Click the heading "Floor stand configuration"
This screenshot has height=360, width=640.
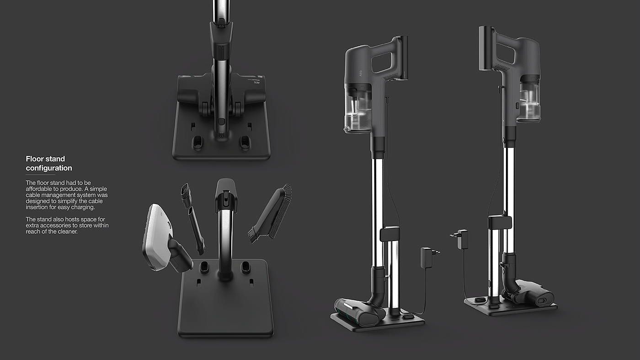[49, 163]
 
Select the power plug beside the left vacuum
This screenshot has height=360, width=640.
[429, 258]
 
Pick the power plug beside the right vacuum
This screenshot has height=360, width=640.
[460, 239]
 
